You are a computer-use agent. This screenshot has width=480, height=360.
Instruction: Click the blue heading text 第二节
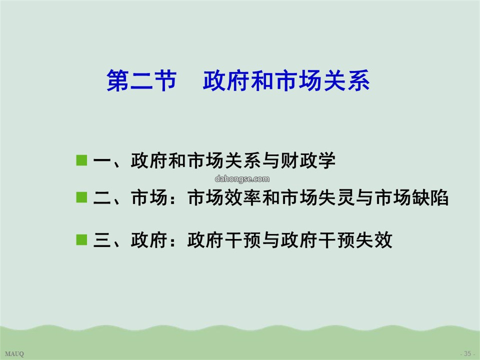(142, 80)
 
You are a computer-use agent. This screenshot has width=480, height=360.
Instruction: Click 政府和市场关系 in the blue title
(286, 80)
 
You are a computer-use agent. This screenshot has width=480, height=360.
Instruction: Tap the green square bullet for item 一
(82, 160)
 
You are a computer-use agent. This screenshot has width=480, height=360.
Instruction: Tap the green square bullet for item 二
(82, 197)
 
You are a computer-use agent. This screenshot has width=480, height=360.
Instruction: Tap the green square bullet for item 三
(82, 240)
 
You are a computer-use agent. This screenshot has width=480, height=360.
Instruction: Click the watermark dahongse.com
(242, 179)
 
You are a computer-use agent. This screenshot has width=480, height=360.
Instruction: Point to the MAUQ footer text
(14, 354)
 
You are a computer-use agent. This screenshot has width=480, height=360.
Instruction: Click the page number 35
(468, 354)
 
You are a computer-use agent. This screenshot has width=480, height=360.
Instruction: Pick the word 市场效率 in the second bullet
(224, 197)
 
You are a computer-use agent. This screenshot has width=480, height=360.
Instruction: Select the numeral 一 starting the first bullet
(102, 160)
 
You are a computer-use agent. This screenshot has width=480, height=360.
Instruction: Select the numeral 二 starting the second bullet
(102, 198)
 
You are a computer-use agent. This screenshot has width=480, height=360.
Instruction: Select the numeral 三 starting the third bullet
(102, 240)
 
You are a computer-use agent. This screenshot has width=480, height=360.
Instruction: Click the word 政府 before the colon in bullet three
(149, 240)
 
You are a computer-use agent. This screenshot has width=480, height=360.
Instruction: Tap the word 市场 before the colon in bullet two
(149, 197)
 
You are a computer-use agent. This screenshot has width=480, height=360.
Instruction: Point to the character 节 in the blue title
(166, 80)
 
